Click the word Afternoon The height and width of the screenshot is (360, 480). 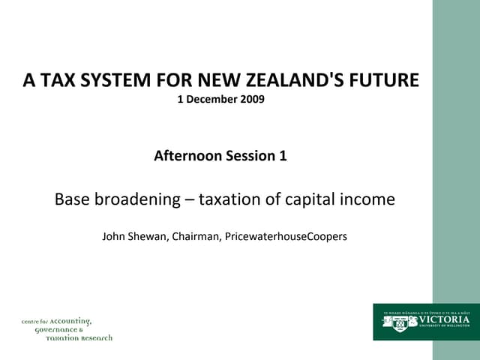187,156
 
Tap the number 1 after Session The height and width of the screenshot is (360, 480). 283,156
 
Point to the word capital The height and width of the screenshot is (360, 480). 310,199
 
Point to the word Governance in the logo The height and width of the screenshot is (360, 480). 58,330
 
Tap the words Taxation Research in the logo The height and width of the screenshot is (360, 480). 79,338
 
